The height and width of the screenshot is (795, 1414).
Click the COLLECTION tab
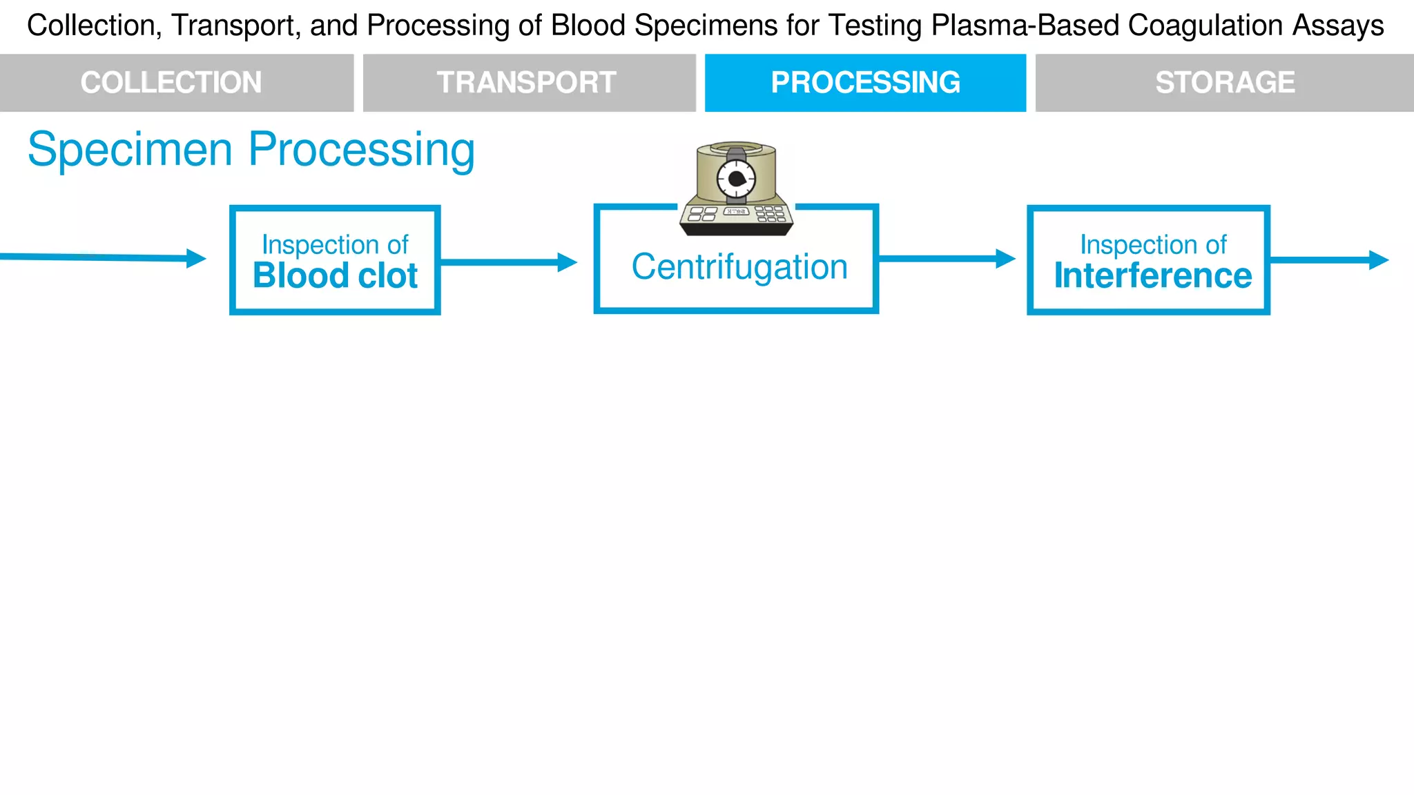171,83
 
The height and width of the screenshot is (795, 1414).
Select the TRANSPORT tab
526,83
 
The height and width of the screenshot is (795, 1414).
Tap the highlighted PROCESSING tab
865,83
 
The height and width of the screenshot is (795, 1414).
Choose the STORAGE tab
1225,83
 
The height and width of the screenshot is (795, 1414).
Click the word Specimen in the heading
130,150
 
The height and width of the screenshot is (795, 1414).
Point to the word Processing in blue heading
361,150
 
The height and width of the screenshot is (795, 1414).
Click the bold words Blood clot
335,276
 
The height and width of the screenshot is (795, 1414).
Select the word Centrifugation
739,267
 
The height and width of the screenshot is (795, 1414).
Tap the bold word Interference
1152,276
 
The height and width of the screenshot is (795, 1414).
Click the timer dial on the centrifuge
736,179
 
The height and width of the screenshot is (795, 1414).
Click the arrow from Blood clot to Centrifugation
508,262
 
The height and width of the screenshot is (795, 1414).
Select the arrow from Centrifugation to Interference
946,259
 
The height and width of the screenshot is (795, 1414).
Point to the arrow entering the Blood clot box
104,257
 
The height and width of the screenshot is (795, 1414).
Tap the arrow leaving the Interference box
1329,260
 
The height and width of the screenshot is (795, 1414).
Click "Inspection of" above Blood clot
335,245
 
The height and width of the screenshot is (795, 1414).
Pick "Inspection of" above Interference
1153,245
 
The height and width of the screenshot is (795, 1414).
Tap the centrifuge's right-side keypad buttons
771,214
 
